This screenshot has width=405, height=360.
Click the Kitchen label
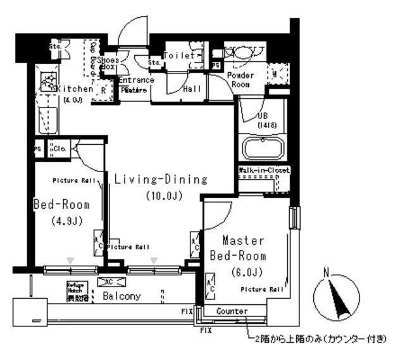74,89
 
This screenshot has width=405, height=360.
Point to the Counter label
231,311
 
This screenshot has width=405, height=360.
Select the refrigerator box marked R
102,90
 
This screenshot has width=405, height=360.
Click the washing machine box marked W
277,75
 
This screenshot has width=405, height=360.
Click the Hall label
192,89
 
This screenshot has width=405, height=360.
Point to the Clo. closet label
61,149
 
